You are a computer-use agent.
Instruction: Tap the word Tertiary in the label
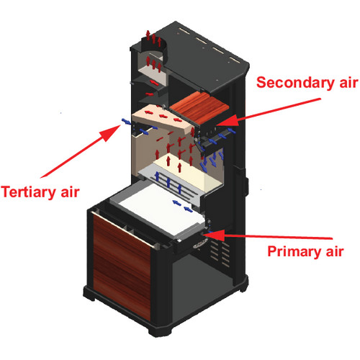(x=29, y=192)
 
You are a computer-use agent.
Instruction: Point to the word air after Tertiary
(x=70, y=192)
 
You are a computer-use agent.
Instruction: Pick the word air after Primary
(x=335, y=251)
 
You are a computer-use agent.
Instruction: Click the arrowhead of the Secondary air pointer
(x=228, y=121)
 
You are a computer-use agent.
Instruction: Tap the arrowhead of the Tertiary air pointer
(x=110, y=132)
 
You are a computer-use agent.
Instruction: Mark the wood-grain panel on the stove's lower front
(x=122, y=266)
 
